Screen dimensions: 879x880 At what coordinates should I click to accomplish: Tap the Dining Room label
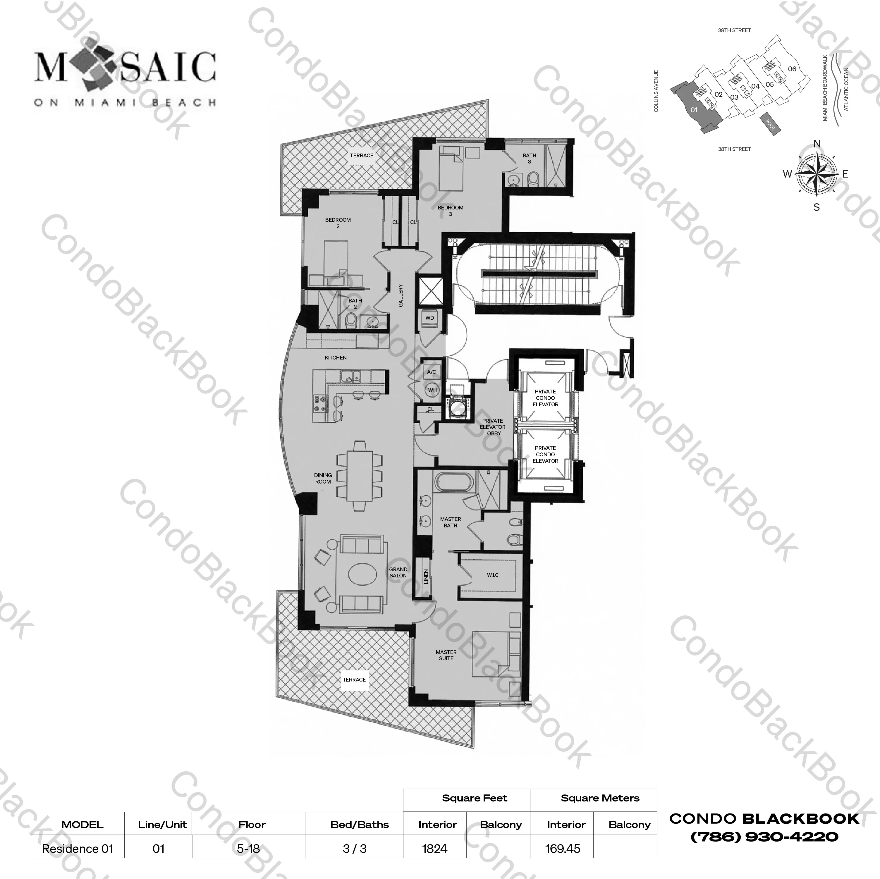[x=323, y=478]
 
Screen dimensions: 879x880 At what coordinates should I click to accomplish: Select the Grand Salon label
[x=398, y=572]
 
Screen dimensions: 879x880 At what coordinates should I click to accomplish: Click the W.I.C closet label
[x=493, y=575]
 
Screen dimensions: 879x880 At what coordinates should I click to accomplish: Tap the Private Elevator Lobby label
[x=492, y=427]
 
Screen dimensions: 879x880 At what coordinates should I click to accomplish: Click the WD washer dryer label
[x=429, y=318]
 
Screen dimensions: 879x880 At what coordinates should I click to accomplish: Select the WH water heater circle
[x=432, y=390]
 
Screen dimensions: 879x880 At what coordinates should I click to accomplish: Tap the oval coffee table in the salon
[x=362, y=574]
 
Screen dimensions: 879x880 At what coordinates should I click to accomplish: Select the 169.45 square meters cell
[x=563, y=849]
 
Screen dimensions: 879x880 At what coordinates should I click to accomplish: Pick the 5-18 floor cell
[x=248, y=849]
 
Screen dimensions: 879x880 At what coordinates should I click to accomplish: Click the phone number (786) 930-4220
[x=764, y=837]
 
